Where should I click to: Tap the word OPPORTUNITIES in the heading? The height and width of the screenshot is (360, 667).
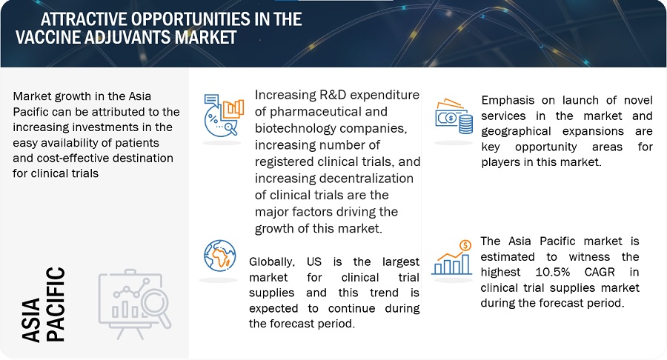click(x=190, y=19)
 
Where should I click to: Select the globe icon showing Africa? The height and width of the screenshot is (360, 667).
click(x=219, y=256)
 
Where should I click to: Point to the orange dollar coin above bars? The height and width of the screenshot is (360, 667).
click(x=466, y=245)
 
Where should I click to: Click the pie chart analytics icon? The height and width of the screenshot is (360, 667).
click(x=224, y=115)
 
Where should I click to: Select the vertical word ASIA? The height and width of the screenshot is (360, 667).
click(x=31, y=320)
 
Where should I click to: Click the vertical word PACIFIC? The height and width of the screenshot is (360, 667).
click(x=56, y=304)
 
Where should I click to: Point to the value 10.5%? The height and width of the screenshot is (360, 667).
click(x=553, y=272)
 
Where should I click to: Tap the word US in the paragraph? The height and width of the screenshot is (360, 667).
click(x=314, y=261)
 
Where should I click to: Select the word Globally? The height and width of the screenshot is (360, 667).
click(x=271, y=262)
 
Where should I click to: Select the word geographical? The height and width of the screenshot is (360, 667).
click(x=516, y=132)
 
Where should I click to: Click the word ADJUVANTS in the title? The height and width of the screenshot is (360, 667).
click(x=128, y=37)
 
